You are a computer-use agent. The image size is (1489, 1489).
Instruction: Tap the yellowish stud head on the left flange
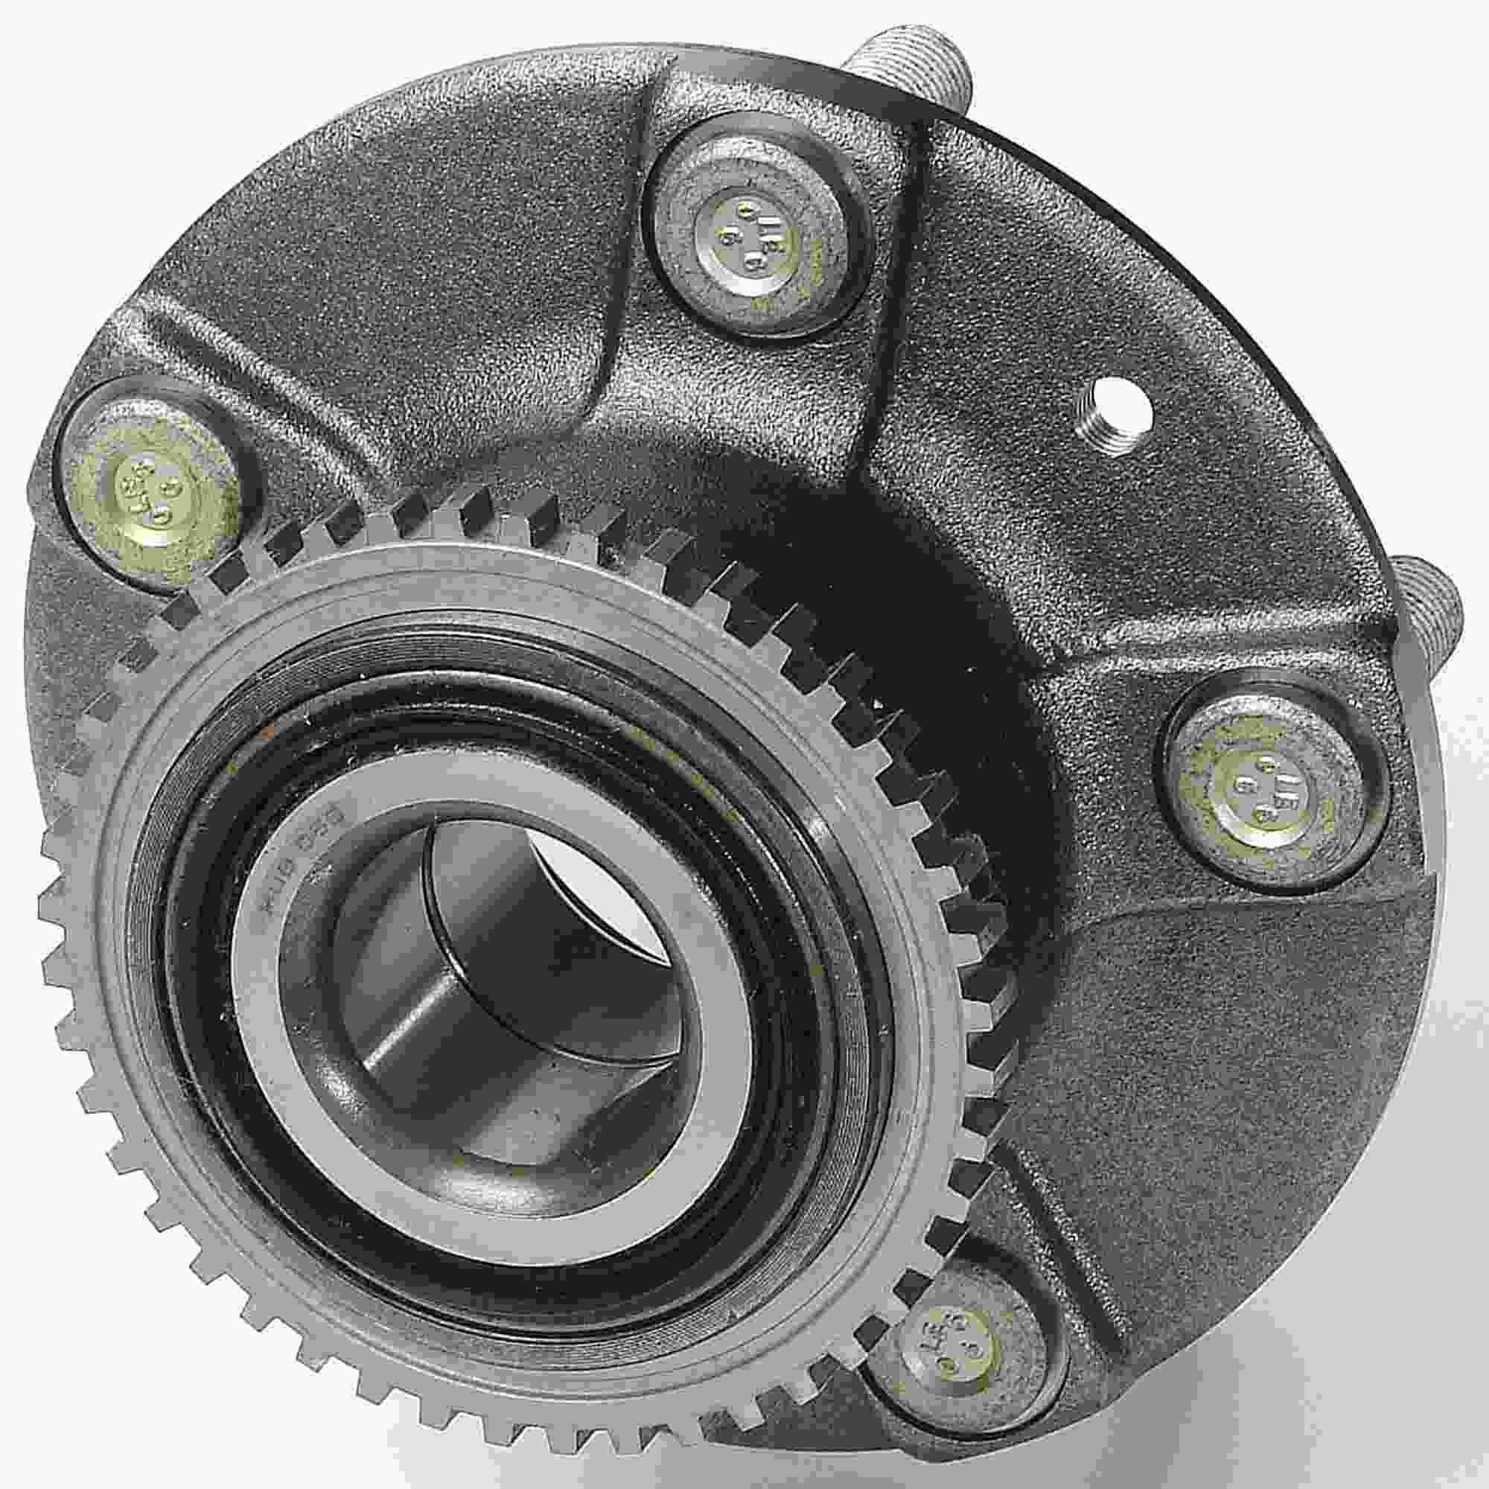point(150,489)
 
